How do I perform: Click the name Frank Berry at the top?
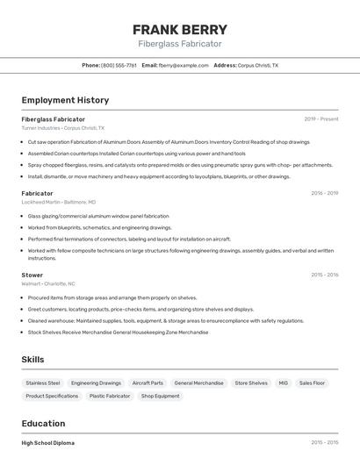179,29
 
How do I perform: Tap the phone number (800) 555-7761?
119,65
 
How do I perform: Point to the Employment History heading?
65,100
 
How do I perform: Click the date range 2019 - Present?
321,118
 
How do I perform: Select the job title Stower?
32,275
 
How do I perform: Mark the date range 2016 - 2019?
324,193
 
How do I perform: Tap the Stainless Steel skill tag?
43,383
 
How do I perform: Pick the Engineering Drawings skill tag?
96,383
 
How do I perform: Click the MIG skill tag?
283,383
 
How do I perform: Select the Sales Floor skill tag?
312,383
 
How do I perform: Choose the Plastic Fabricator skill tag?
110,396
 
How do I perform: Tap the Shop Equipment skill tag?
160,396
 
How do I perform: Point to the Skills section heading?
32,359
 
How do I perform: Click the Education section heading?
43,423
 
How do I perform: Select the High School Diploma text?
47,443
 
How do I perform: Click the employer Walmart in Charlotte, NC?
48,283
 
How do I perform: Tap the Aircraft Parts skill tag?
148,383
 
